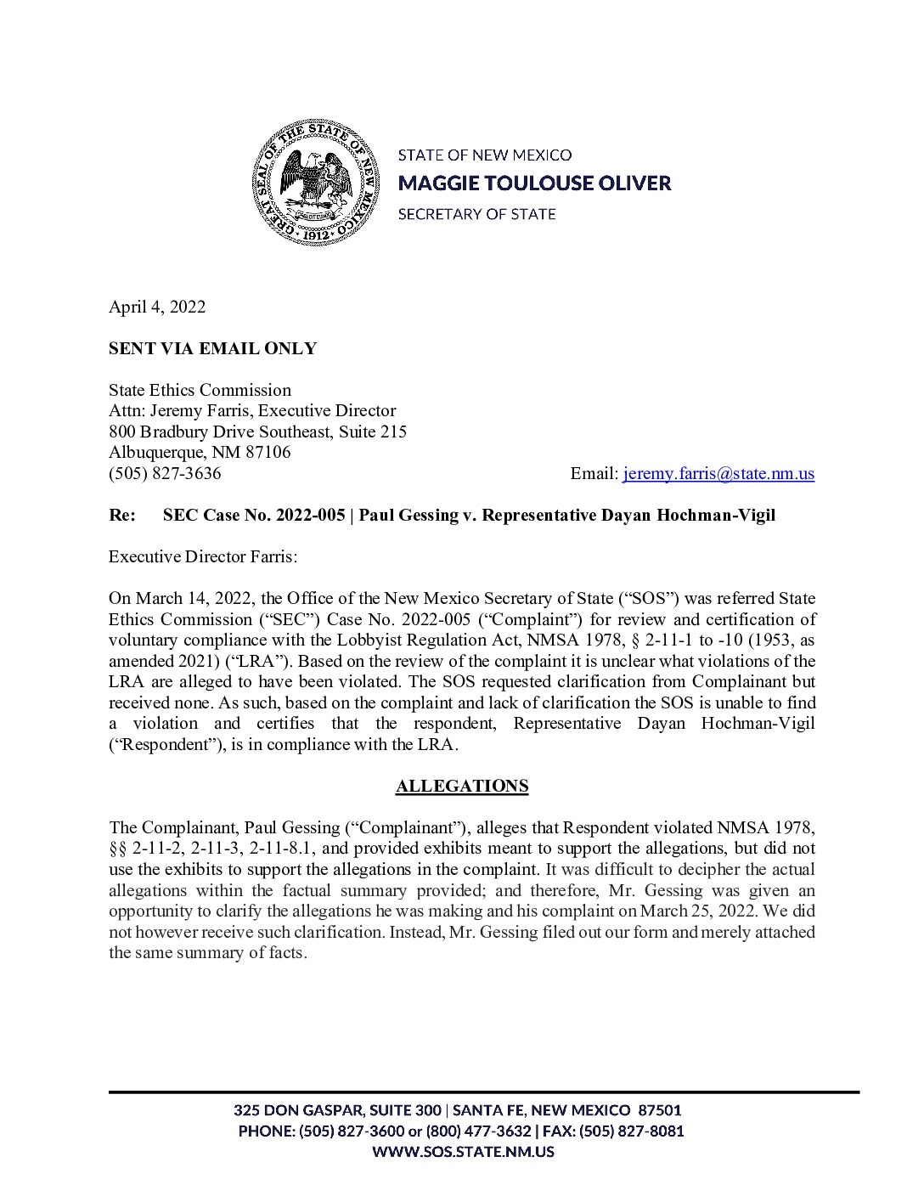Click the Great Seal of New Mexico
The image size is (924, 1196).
click(315, 183)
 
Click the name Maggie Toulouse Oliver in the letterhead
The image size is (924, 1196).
click(534, 183)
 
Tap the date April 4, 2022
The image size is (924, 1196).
click(157, 307)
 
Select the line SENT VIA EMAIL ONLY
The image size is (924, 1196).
click(212, 348)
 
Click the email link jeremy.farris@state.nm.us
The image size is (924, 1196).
click(718, 473)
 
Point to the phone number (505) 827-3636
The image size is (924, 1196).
click(165, 473)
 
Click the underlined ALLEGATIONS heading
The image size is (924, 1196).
click(462, 786)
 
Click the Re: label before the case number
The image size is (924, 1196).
click(122, 515)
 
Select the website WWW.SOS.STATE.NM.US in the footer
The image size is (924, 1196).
click(463, 1152)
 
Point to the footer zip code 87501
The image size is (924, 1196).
click(659, 1110)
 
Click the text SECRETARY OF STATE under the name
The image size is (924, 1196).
click(476, 214)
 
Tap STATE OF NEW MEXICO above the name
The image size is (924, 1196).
click(485, 155)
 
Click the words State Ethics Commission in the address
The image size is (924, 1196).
click(200, 390)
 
